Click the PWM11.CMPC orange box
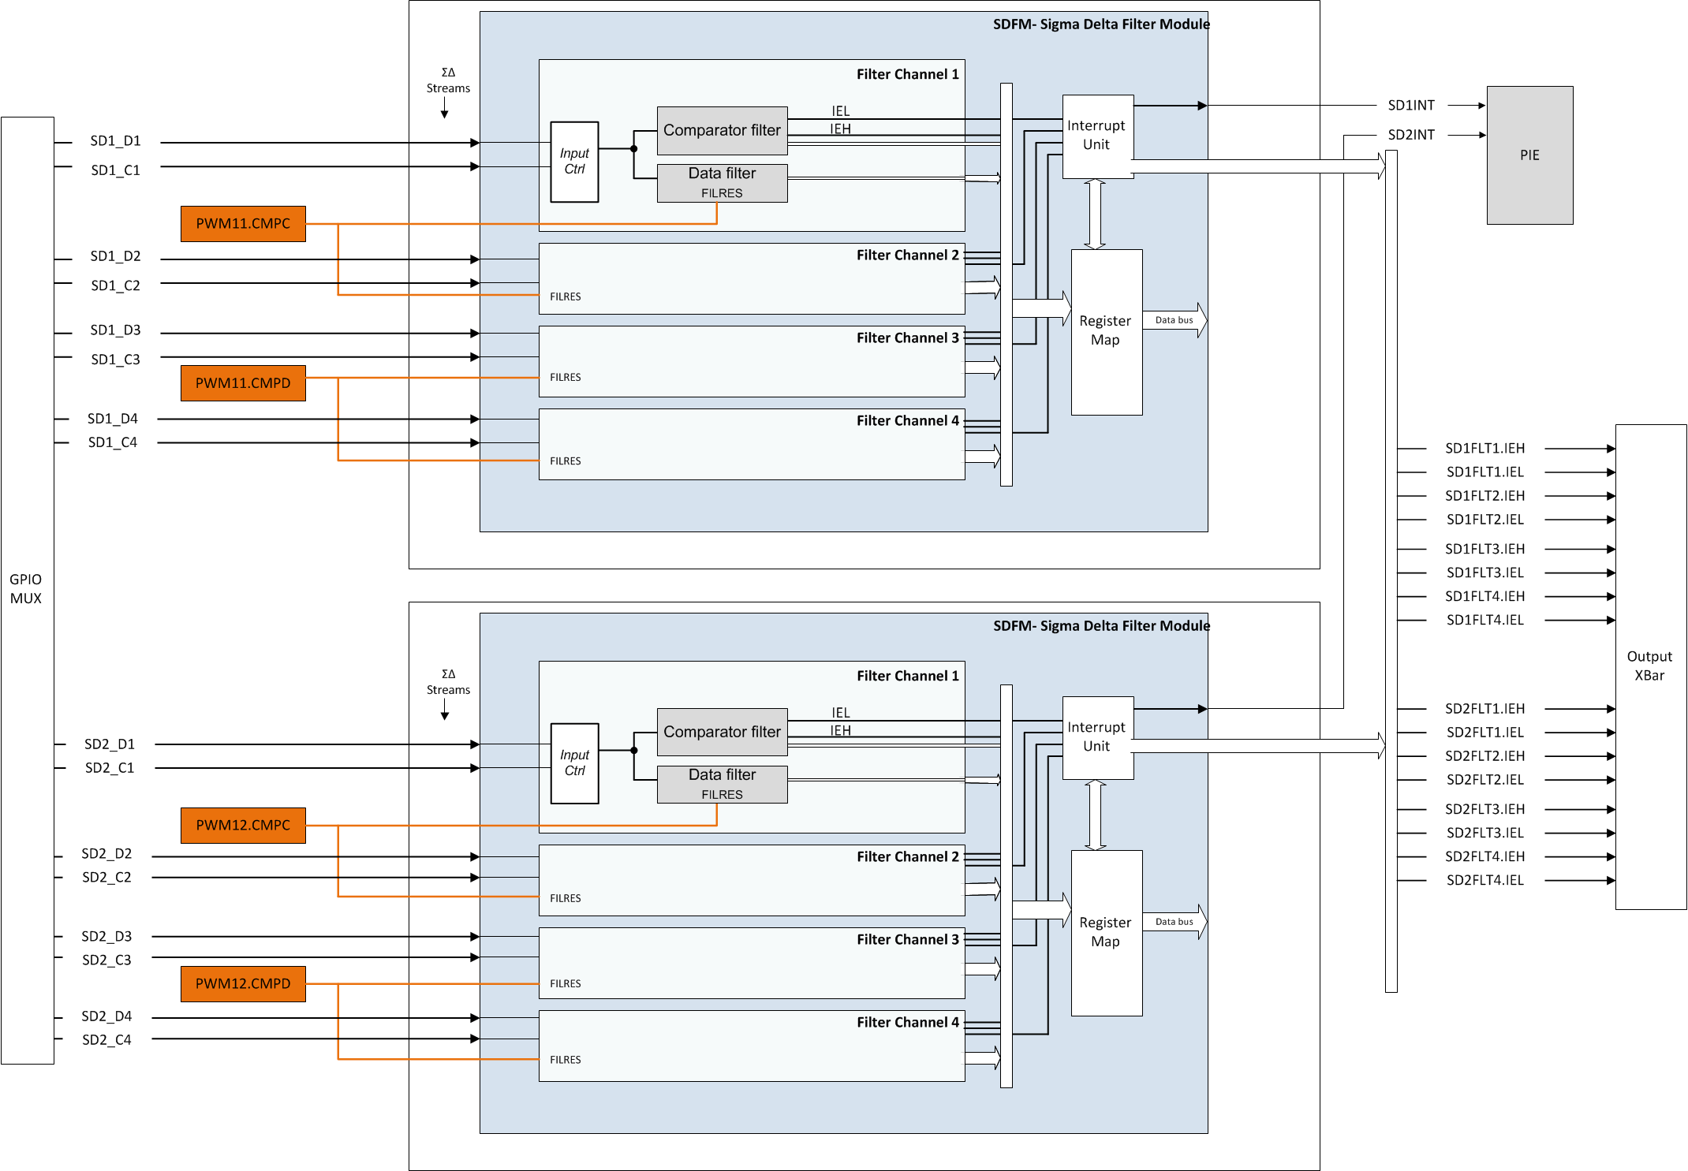point(243,224)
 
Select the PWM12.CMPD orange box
point(243,984)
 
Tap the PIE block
point(1529,155)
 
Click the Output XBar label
point(1649,666)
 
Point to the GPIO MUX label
point(26,589)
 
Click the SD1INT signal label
point(1411,106)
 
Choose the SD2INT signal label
point(1411,135)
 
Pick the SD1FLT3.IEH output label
point(1484,549)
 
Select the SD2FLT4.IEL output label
point(1484,880)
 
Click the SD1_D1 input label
point(115,141)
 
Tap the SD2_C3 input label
point(106,960)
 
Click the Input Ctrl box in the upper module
point(574,162)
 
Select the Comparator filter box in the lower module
point(722,732)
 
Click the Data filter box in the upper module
point(722,182)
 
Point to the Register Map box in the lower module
point(1106,932)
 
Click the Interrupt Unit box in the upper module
point(1097,136)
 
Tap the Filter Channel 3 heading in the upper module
point(907,338)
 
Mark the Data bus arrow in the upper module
point(1175,320)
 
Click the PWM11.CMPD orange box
point(243,383)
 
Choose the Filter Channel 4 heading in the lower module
point(907,1023)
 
